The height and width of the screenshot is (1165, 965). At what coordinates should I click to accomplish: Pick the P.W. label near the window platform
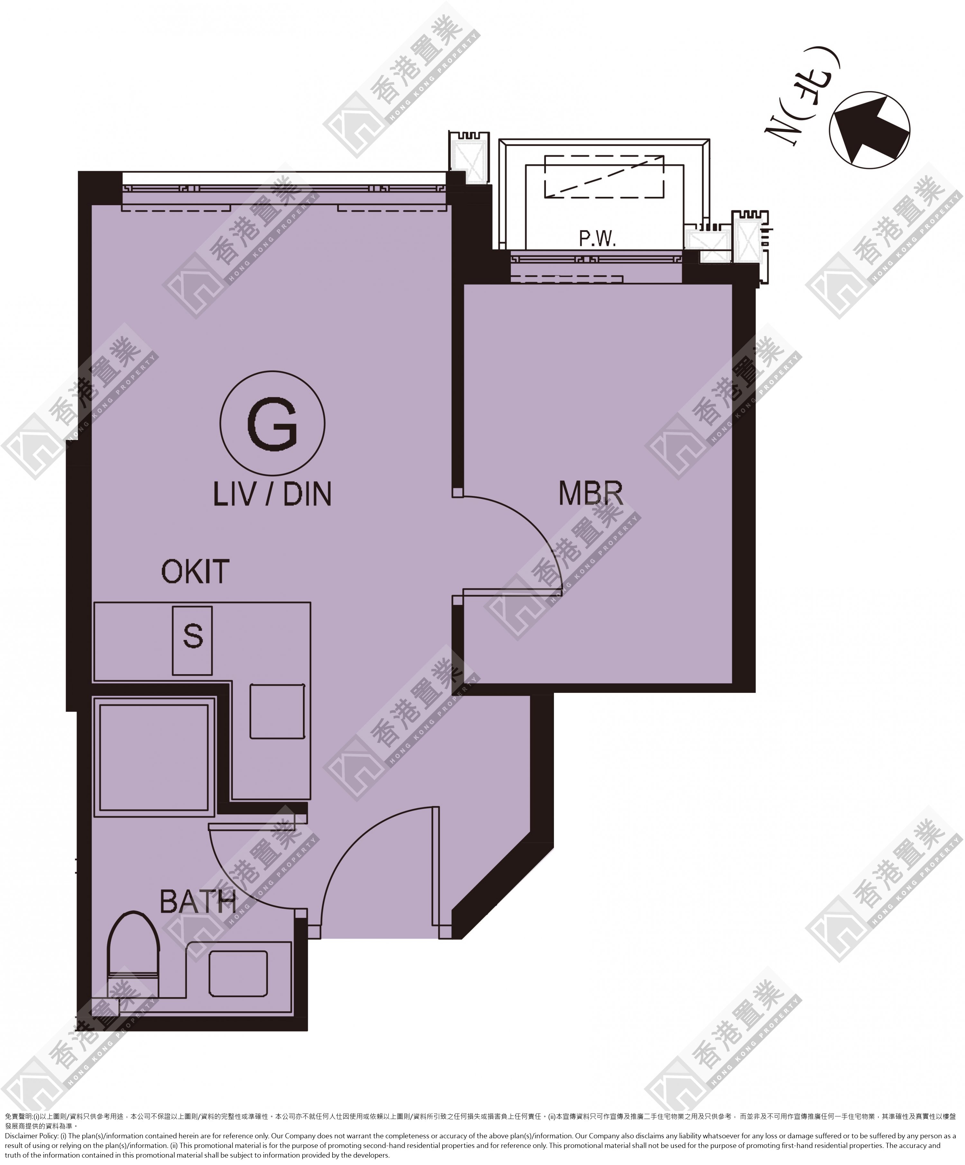click(598, 239)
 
